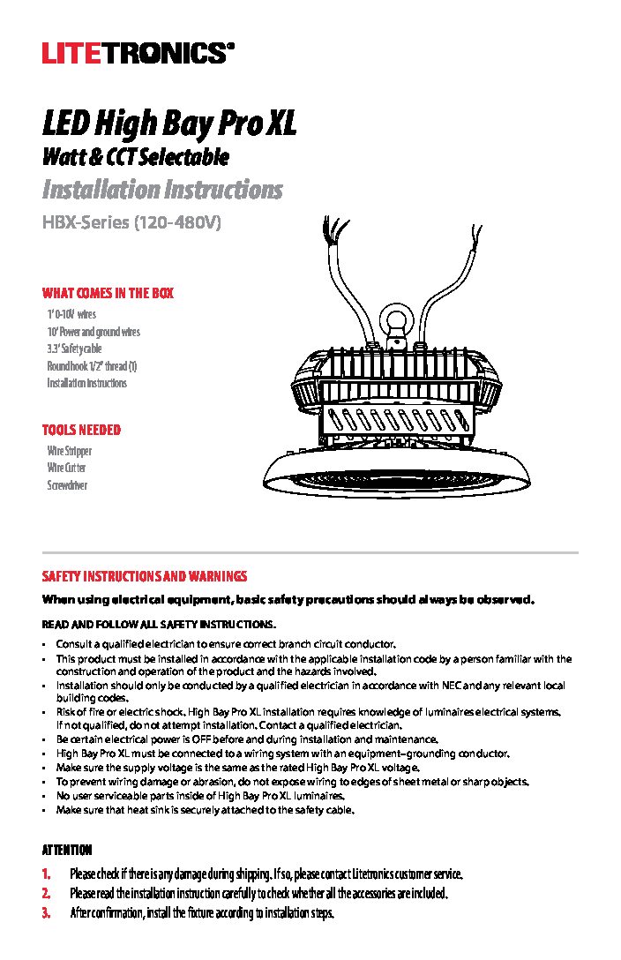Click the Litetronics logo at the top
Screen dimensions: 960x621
point(138,54)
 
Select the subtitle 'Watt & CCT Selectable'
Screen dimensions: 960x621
point(136,158)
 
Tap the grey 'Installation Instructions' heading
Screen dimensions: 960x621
point(162,190)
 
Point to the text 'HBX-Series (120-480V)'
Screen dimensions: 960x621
point(130,223)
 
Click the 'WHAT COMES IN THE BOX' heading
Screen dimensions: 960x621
point(108,294)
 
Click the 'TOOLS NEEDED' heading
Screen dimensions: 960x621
point(81,431)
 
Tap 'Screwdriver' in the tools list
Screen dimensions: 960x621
point(67,485)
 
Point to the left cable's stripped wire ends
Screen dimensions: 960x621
point(333,227)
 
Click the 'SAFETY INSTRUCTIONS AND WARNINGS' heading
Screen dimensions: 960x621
point(145,577)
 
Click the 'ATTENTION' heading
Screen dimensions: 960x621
point(67,851)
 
